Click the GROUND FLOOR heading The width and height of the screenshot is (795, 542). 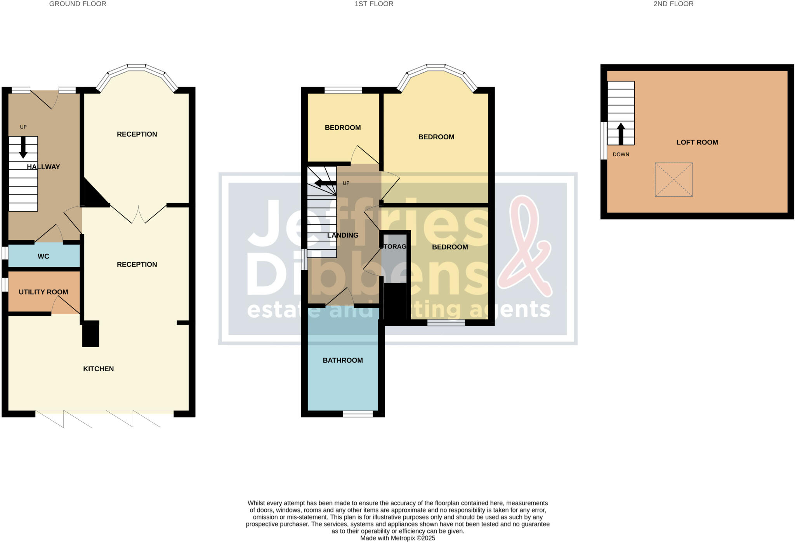pos(78,4)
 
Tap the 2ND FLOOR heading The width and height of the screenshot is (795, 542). pos(673,4)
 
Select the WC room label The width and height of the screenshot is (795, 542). pos(43,256)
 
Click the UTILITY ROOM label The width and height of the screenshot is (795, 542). pos(43,292)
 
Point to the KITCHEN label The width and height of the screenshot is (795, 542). pos(98,369)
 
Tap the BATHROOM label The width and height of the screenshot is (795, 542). pos(343,360)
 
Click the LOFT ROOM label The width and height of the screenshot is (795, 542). pos(697,142)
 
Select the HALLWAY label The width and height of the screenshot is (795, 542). pos(43,167)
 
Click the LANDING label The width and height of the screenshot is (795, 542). pos(343,235)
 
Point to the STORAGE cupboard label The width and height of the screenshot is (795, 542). pos(394,247)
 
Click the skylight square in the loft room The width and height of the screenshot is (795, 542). pos(673,180)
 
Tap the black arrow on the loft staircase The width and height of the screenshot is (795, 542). pos(621,133)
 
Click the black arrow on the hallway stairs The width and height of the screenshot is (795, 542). pos(23,147)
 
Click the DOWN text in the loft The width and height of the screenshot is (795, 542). pos(621,155)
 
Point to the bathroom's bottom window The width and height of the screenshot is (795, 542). pos(358,414)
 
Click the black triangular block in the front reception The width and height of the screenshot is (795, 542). pos(93,196)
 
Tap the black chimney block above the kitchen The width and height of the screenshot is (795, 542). pos(91,335)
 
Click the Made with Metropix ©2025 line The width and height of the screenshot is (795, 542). pos(397,538)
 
